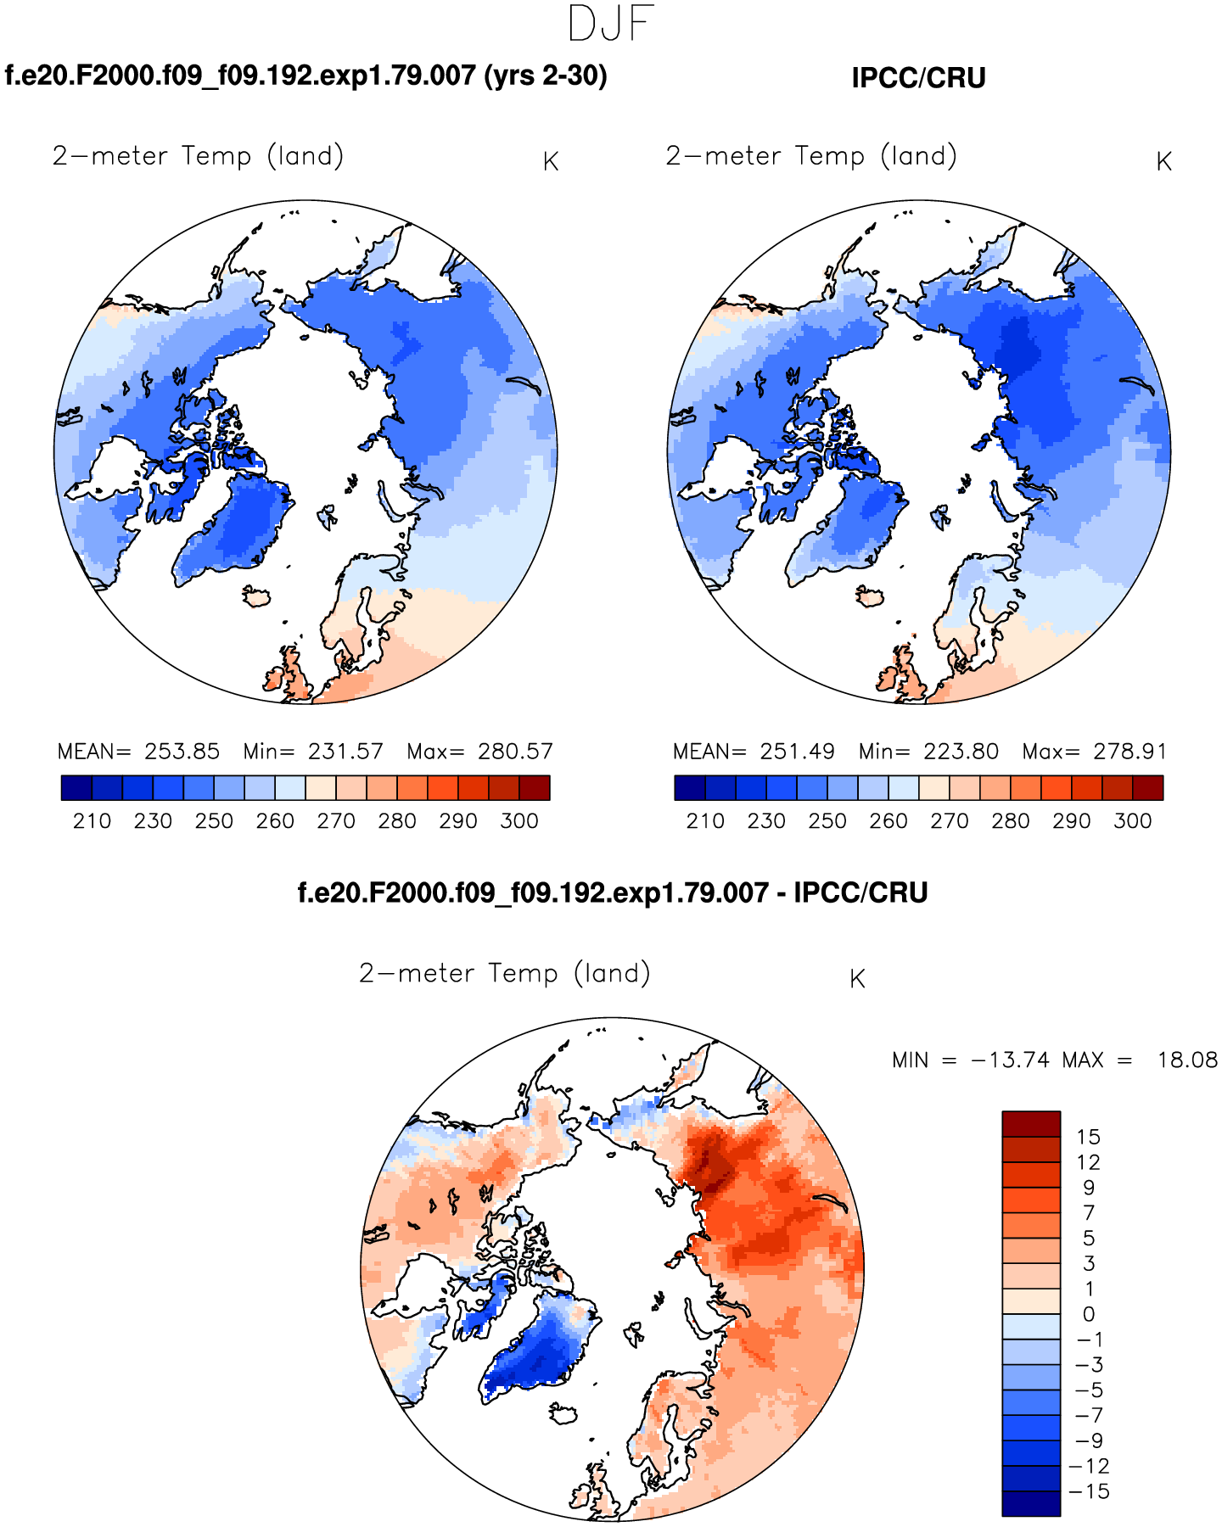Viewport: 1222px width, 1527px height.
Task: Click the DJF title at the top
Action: tap(610, 25)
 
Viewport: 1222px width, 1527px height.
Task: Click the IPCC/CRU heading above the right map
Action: tap(918, 78)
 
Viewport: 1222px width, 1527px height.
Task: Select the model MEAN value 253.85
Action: tap(182, 752)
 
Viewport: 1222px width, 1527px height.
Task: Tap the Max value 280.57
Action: tap(515, 752)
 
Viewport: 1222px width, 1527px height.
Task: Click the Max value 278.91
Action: tap(1130, 752)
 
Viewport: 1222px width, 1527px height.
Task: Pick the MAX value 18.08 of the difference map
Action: tap(1187, 1060)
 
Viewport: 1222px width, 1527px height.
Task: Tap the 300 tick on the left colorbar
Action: tap(519, 821)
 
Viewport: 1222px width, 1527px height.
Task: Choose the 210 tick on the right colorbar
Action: tap(705, 821)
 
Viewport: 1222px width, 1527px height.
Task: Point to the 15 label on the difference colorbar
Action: tap(1088, 1138)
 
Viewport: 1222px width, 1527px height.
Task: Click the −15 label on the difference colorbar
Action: tap(1090, 1491)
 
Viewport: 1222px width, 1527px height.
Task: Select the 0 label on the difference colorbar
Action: tap(1088, 1314)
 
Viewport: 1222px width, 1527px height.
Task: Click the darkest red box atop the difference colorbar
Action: tap(1031, 1124)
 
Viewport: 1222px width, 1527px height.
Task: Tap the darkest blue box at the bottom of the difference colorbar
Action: tap(1031, 1503)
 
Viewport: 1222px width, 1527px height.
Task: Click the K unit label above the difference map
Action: tap(857, 979)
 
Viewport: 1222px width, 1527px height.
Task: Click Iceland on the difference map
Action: tap(563, 1414)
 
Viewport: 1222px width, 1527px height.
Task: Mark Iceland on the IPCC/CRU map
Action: tap(870, 597)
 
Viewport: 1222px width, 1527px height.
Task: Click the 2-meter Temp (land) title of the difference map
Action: tap(504, 974)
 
